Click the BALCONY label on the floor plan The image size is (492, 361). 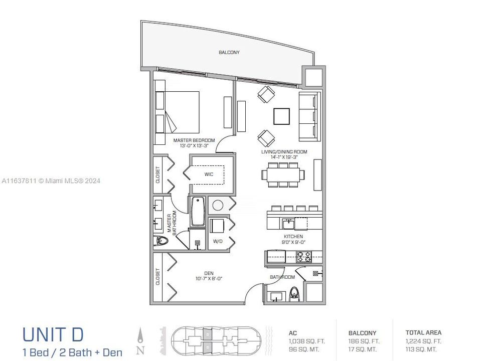click(x=229, y=52)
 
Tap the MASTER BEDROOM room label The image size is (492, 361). click(x=194, y=140)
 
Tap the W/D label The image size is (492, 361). click(x=218, y=241)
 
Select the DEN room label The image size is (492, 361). click(x=208, y=273)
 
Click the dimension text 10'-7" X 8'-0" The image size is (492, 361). click(x=208, y=279)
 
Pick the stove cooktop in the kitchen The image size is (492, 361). click(x=304, y=257)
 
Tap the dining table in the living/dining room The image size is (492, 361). click(x=283, y=174)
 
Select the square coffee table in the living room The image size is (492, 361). click(x=281, y=116)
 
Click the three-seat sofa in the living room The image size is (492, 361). click(x=309, y=116)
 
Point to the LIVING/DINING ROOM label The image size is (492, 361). click(x=284, y=152)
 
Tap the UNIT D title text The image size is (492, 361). click(x=53, y=334)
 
